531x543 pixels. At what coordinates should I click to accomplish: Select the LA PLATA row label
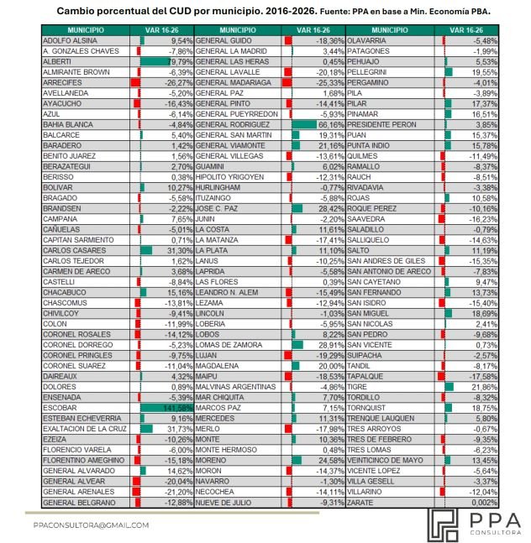click(213, 250)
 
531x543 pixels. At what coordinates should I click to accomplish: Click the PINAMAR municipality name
click(362, 113)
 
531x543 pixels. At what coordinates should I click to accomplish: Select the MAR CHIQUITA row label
click(223, 397)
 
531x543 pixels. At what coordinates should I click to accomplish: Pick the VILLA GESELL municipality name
click(371, 481)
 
